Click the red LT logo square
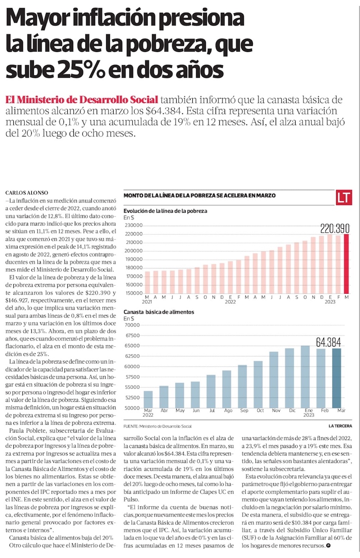point(344,198)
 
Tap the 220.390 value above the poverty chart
point(335,229)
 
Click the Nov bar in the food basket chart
point(274,379)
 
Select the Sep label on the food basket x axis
point(243,410)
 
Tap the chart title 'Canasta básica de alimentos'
point(158,312)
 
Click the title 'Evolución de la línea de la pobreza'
point(165,211)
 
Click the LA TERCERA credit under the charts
point(341,426)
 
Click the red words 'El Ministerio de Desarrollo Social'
point(81,99)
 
